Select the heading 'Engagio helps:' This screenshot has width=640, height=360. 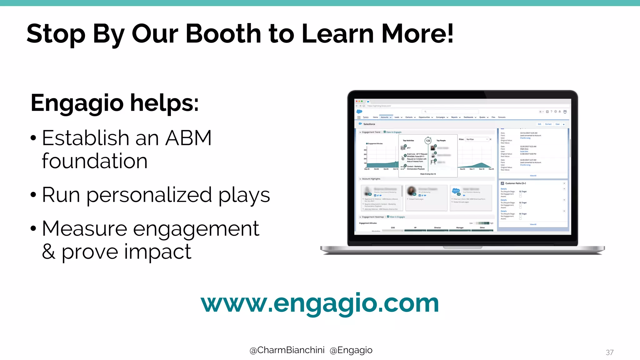tap(114, 103)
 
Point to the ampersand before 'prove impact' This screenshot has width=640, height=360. tap(48, 252)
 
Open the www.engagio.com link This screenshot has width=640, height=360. tap(320, 303)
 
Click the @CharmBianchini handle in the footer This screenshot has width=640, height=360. tap(287, 350)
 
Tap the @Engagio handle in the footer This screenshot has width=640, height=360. tap(351, 350)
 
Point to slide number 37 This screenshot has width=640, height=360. tap(609, 352)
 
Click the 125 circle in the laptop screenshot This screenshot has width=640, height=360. tap(428, 141)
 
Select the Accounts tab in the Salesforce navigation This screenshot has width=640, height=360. tap(385, 117)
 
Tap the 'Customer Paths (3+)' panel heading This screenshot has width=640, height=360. tap(515, 183)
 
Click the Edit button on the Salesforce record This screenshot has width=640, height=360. tap(539, 124)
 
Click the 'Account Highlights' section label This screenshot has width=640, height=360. tap(371, 179)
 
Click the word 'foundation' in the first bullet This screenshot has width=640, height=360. tap(94, 161)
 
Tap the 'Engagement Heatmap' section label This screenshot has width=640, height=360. tap(373, 217)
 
